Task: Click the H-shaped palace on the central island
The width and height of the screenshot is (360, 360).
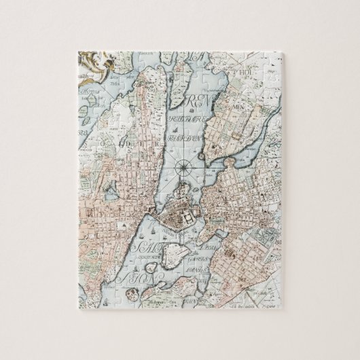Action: point(184,219)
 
